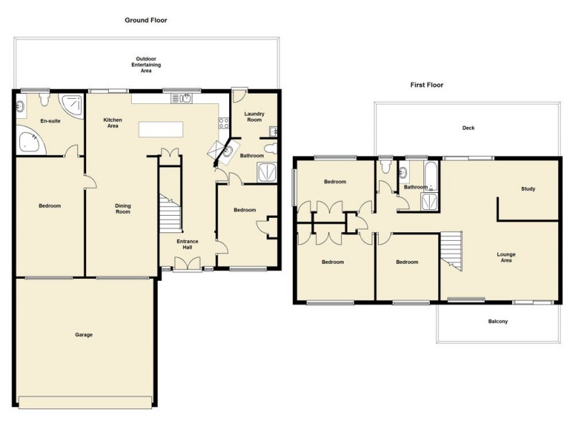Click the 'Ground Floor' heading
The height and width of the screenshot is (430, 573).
tap(146, 20)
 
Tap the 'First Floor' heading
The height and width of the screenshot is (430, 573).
tap(426, 85)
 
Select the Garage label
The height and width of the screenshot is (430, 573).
tap(84, 335)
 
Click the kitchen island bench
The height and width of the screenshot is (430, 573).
tap(161, 129)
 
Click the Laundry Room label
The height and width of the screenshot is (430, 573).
tap(254, 117)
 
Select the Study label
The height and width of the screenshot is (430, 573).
tap(529, 188)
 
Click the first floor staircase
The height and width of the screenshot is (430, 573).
tap(451, 252)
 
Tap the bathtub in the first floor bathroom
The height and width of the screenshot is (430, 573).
tap(432, 173)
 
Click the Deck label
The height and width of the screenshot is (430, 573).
tap(468, 128)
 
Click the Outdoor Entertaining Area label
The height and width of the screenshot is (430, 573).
tap(146, 64)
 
